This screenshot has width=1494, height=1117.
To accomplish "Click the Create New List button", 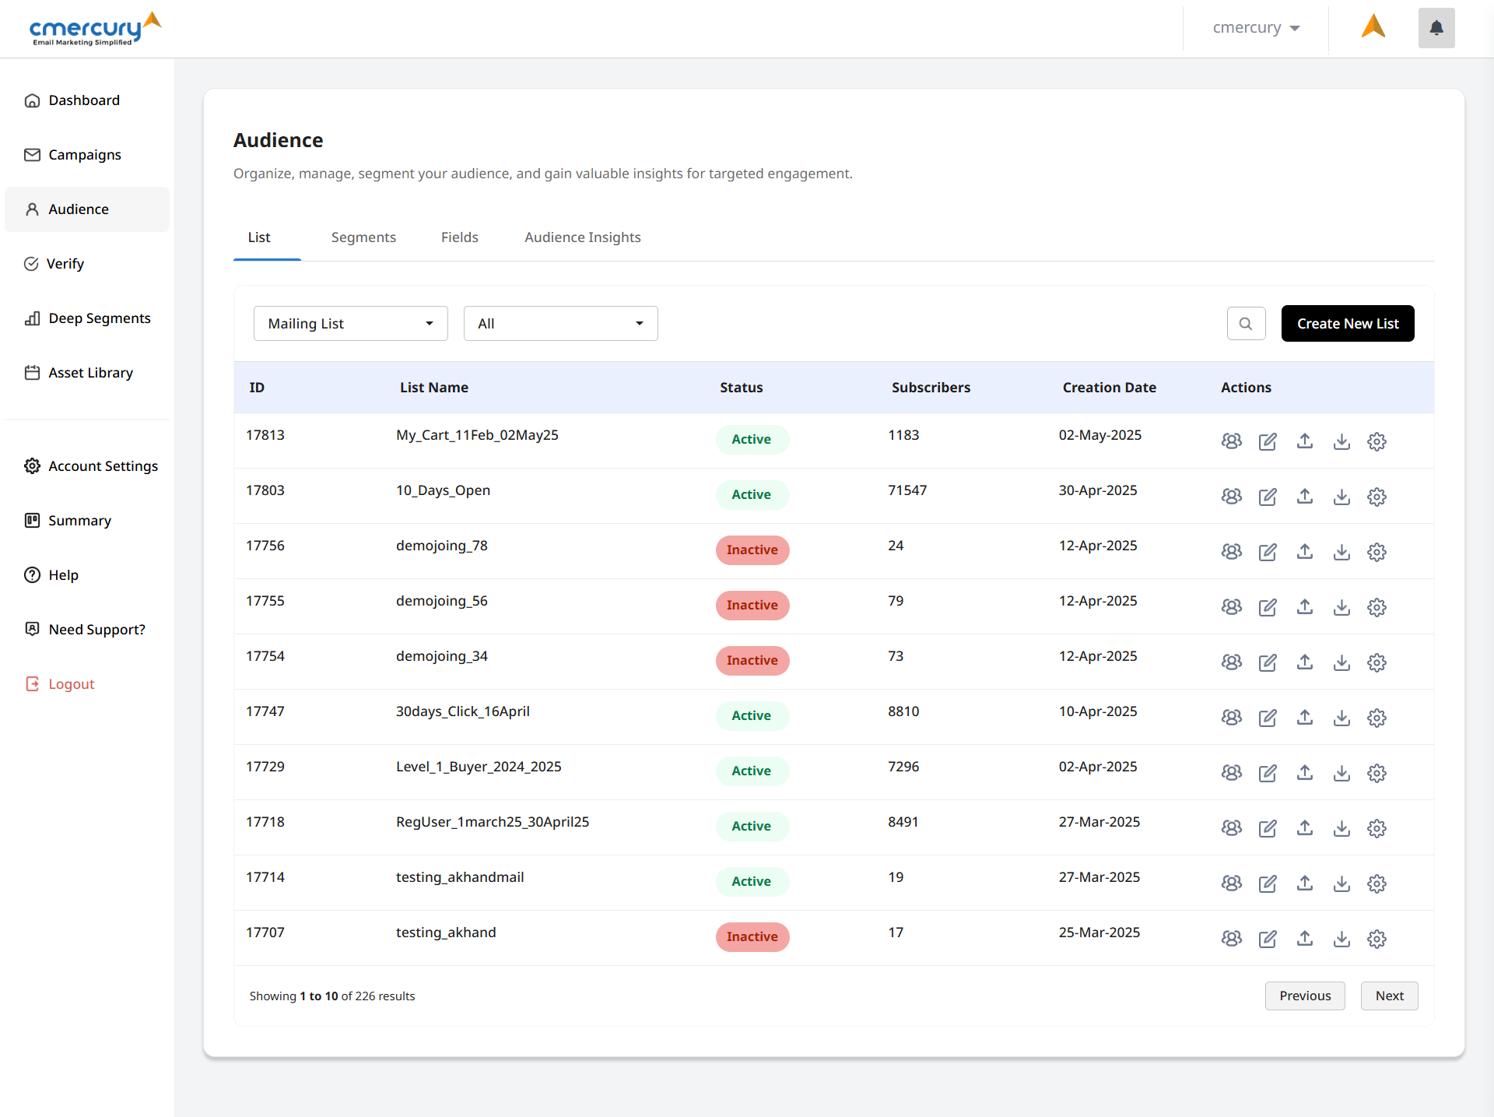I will (x=1347, y=323).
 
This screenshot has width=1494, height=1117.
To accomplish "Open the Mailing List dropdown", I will (x=350, y=323).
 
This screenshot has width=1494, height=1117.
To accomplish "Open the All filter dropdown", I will (x=560, y=323).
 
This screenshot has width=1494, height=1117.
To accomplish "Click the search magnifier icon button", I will (x=1246, y=323).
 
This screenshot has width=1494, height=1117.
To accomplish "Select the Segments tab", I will (x=363, y=237).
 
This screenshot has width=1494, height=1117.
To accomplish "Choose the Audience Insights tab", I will (x=582, y=237).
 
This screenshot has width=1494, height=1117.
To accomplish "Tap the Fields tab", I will (x=459, y=237).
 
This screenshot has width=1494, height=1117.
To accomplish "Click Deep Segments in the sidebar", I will (x=99, y=318).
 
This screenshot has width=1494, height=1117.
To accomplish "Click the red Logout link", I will (x=71, y=684).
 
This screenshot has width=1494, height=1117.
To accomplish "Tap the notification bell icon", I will (x=1436, y=28).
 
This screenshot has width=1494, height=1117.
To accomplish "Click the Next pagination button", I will (x=1389, y=996).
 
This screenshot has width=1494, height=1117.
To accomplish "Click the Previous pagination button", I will (x=1304, y=996).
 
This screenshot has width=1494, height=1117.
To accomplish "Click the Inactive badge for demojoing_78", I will (x=752, y=550).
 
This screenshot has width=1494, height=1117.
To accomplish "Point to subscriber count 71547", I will (x=907, y=490).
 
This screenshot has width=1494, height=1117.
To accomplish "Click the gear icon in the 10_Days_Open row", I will (x=1377, y=497).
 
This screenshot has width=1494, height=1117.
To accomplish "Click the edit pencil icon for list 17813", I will (x=1268, y=441).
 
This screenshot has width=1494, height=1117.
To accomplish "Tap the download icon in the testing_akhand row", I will (x=1341, y=939).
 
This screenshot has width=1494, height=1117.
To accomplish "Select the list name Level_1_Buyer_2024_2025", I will (x=479, y=767).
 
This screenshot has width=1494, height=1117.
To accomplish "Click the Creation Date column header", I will (x=1109, y=388).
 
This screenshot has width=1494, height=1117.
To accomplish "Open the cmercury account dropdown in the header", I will (x=1256, y=28).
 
